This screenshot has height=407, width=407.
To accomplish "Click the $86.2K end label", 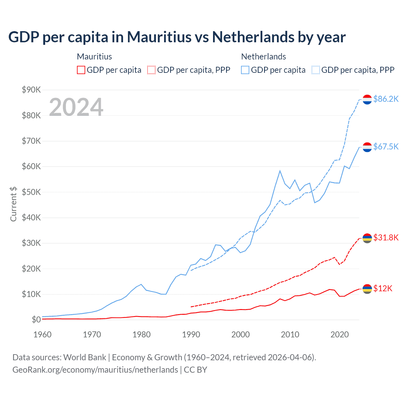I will pyautogui.click(x=386, y=99).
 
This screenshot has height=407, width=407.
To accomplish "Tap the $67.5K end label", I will pyautogui.click(x=386, y=147).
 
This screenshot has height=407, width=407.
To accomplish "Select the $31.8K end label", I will pyautogui.click(x=386, y=238).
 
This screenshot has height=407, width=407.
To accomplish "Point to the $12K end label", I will pyautogui.click(x=383, y=288).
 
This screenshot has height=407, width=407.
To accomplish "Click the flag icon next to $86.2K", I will pyautogui.click(x=367, y=100).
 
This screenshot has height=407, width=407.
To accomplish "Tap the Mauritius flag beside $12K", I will pyautogui.click(x=367, y=289).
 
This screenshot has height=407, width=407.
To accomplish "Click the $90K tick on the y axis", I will pyautogui.click(x=31, y=90).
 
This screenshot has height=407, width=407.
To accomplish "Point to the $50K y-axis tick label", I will pyautogui.click(x=31, y=192).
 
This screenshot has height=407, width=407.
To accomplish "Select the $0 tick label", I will pyautogui.click(x=36, y=320).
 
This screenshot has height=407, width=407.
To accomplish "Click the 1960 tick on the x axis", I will pyautogui.click(x=42, y=335).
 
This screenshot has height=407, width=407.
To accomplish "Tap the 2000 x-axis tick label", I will pyautogui.click(x=241, y=335).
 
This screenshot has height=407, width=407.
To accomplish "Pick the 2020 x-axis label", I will pyautogui.click(x=340, y=335).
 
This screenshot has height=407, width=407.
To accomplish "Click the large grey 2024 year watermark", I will pyautogui.click(x=76, y=107).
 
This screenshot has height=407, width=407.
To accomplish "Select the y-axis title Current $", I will pyautogui.click(x=13, y=204).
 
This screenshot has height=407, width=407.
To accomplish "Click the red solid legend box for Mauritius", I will pyautogui.click(x=81, y=70).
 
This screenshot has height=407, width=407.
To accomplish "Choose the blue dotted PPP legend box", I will pyautogui.click(x=316, y=70).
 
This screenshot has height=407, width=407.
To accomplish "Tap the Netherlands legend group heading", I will pyautogui.click(x=263, y=57).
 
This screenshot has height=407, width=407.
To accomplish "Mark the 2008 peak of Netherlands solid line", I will pyautogui.click(x=280, y=171).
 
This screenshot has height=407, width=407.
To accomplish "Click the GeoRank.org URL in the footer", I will pyautogui.click(x=95, y=370).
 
